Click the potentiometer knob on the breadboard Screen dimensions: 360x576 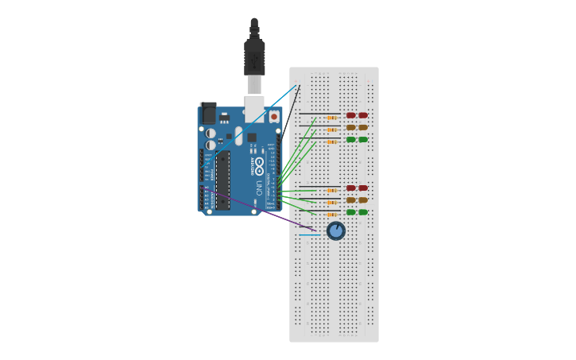(336, 230)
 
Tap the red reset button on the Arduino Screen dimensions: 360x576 (274, 116)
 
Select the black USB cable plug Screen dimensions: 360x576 (254, 56)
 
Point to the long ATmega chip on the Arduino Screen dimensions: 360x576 (223, 180)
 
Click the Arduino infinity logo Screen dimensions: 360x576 (259, 166)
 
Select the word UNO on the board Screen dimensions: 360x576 (258, 188)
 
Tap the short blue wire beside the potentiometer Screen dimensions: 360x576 (310, 234)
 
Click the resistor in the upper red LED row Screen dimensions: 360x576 (332, 118)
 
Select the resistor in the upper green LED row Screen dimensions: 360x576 (332, 141)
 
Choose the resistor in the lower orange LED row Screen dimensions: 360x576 (332, 203)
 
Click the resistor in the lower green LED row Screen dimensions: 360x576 (332, 215)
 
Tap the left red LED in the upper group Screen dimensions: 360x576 (351, 115)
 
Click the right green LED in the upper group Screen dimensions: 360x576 (363, 139)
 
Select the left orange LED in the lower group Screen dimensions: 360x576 (351, 200)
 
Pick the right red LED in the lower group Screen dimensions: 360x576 (363, 188)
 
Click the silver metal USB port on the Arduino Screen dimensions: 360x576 (254, 108)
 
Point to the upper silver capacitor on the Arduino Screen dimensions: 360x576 (211, 134)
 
